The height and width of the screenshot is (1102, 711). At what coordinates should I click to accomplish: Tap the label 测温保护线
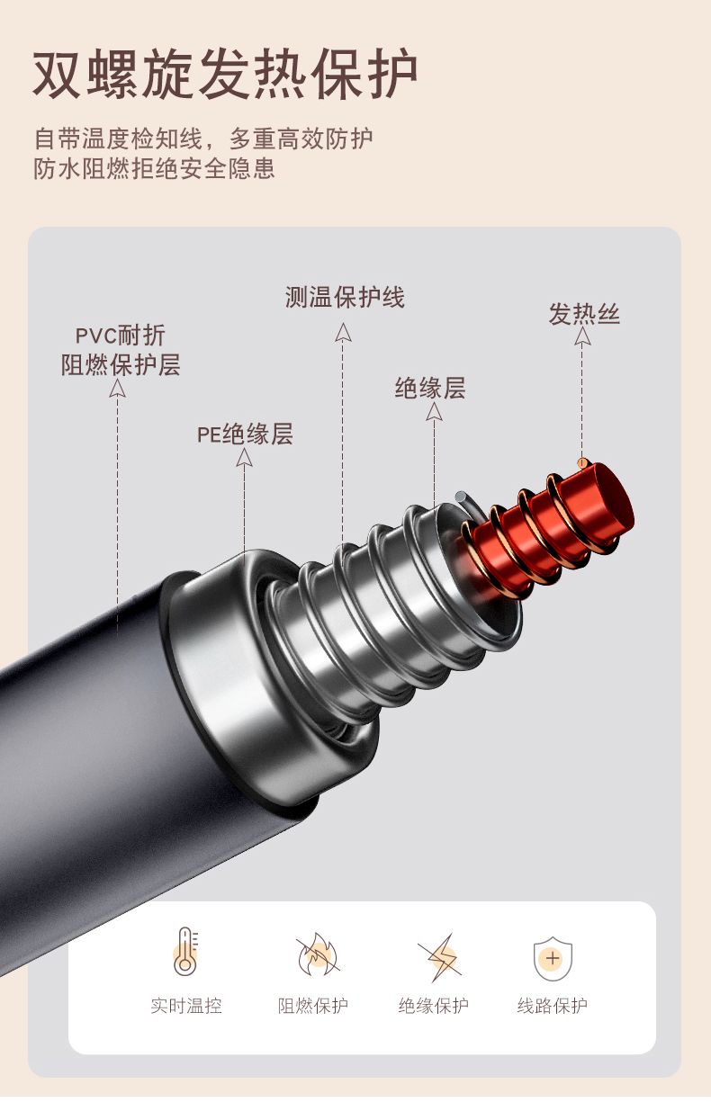click(x=345, y=298)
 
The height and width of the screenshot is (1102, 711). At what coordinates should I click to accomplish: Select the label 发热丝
click(x=584, y=314)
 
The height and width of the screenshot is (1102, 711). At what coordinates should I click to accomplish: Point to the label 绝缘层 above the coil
click(x=430, y=389)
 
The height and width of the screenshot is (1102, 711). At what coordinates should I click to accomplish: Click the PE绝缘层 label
click(x=245, y=435)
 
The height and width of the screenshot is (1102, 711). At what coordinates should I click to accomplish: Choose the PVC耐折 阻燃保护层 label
click(x=121, y=351)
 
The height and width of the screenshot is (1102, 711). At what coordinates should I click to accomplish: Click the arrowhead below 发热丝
click(x=583, y=337)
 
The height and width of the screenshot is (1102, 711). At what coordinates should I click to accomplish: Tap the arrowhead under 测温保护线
click(x=343, y=332)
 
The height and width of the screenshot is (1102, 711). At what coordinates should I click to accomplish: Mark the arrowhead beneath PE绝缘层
click(x=244, y=458)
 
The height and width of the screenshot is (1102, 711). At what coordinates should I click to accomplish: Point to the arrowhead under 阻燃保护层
click(x=118, y=388)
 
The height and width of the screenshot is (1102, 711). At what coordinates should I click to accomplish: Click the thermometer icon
click(x=186, y=953)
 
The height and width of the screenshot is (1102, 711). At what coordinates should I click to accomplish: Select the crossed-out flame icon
click(x=317, y=955)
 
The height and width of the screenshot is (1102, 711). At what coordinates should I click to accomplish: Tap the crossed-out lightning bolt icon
click(x=439, y=956)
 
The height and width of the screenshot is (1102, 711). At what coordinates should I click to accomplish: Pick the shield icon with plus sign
click(x=553, y=957)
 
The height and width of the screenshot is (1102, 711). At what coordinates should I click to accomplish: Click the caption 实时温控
click(x=186, y=1006)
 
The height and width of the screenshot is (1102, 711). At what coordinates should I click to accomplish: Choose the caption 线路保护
click(x=553, y=1006)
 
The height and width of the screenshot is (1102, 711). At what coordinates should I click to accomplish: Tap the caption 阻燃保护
click(x=313, y=1006)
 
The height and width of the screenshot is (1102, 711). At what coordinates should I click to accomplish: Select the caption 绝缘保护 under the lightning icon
click(x=434, y=1006)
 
